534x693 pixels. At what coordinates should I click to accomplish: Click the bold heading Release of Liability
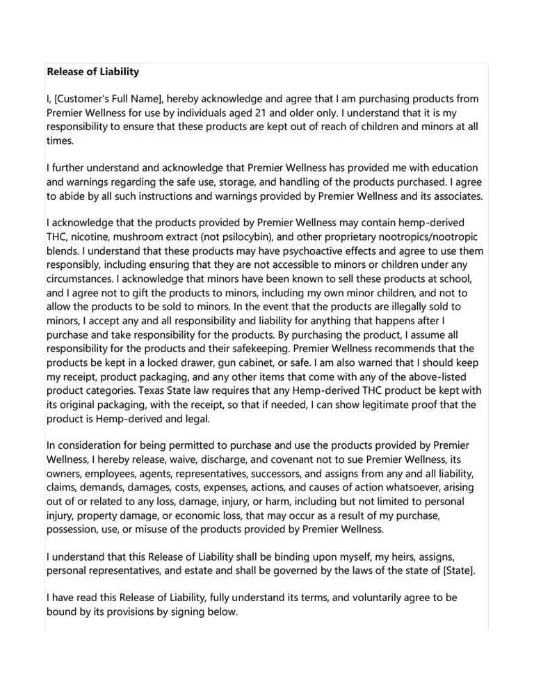(x=92, y=72)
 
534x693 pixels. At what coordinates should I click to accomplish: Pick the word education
(x=451, y=168)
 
